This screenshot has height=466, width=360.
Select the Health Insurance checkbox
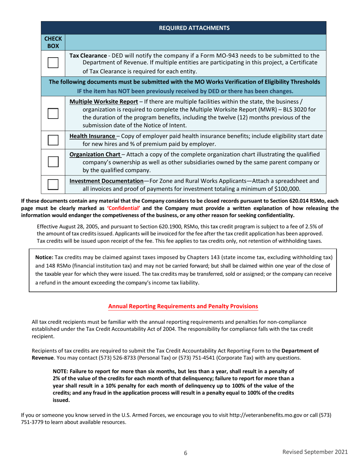[x=53, y=140]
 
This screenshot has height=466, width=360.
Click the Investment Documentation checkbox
[x=53, y=184]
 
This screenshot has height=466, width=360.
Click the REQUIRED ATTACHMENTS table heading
[x=194, y=28]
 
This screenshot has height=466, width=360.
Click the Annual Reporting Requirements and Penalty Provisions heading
[x=183, y=306]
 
